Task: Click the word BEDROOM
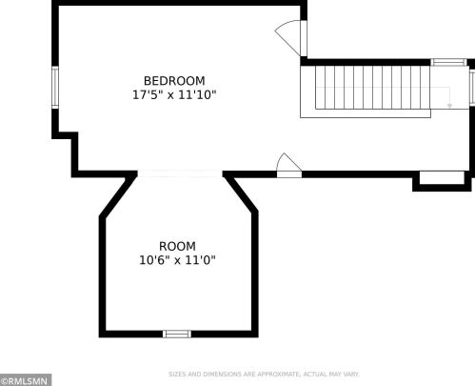click(174, 81)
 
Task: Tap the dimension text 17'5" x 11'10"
click(174, 94)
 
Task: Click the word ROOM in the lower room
click(177, 246)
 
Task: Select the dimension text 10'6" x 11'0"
click(177, 260)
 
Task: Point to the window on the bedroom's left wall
click(55, 87)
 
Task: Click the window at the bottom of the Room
click(177, 334)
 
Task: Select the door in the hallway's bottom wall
click(289, 166)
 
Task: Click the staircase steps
click(368, 87)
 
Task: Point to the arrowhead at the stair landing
click(449, 106)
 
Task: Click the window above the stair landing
click(448, 62)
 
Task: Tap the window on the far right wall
click(472, 87)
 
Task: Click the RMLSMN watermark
click(26, 380)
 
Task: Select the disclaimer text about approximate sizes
click(264, 375)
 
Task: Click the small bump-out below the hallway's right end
click(442, 181)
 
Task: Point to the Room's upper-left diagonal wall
click(118, 195)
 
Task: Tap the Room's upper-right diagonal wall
click(241, 193)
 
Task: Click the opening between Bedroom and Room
click(180, 173)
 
